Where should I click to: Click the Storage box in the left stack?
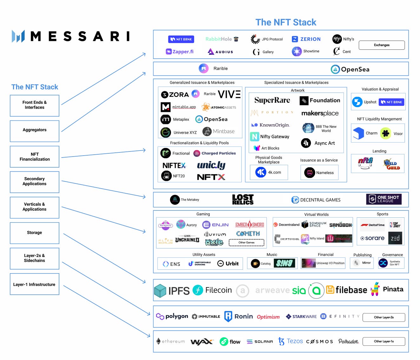tap(35, 233)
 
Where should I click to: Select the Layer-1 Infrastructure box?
tap(35, 284)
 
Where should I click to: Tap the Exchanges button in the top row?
tap(382, 45)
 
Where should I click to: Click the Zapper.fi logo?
tap(180, 52)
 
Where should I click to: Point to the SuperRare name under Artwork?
tap(272, 100)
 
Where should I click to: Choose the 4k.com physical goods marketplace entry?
tap(269, 172)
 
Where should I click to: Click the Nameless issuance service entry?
tap(319, 173)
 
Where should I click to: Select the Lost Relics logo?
tap(243, 200)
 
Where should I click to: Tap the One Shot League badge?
tap(384, 199)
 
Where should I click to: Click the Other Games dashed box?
tap(246, 242)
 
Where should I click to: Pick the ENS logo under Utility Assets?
tap(172, 264)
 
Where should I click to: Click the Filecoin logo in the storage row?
tap(212, 290)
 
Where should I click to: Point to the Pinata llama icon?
tap(375, 289)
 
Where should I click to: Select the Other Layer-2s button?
tap(384, 317)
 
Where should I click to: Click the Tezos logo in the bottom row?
tap(291, 341)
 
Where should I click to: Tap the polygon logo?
tap(172, 316)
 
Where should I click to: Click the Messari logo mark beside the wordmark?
tap(18, 36)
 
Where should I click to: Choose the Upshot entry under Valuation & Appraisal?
tap(364, 102)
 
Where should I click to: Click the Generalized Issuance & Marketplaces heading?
tap(202, 82)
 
